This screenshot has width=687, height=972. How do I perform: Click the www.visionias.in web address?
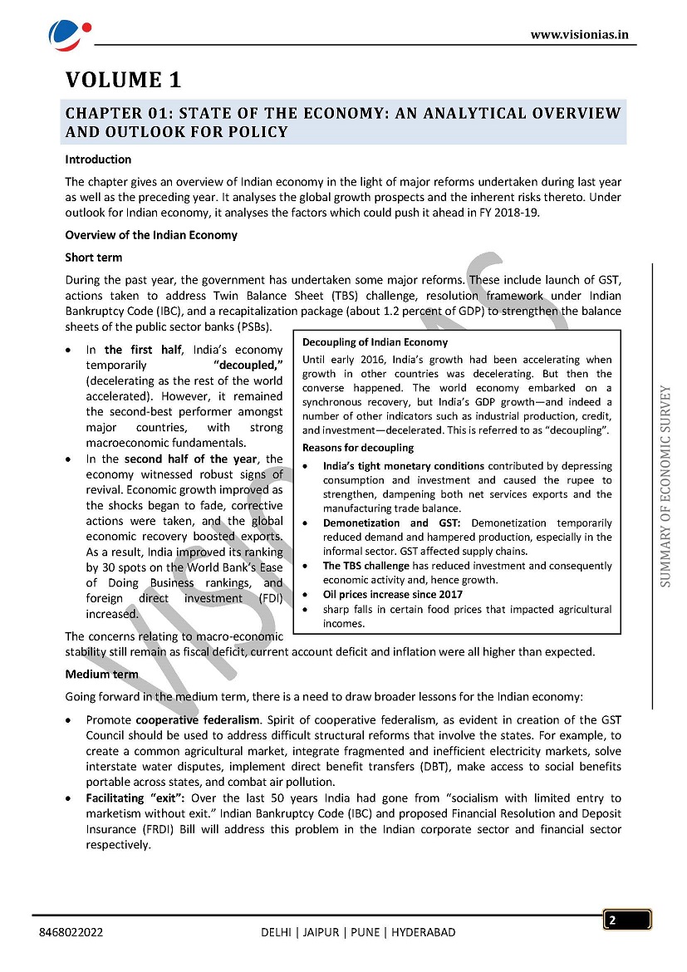point(579,34)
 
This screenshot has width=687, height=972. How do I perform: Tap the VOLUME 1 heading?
point(123,81)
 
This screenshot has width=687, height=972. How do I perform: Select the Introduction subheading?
point(98,160)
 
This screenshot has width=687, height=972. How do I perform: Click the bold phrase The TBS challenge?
point(366,566)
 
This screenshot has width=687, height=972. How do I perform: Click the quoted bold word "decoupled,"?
point(248,365)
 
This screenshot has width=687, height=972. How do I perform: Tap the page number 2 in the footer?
point(612,920)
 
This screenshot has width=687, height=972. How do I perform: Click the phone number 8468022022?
point(71,933)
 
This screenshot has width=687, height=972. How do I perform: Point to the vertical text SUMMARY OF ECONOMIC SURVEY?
point(666,487)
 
